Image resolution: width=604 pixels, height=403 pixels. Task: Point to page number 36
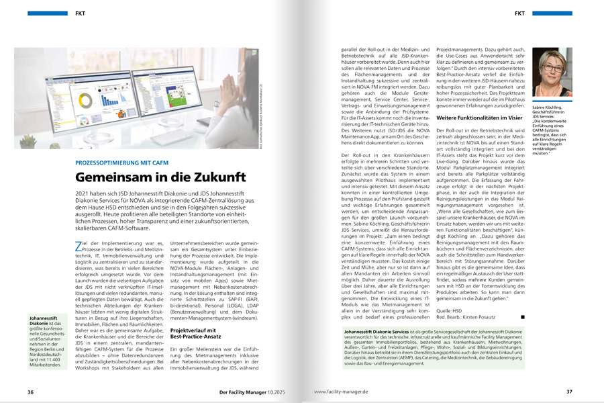pyautogui.click(x=30, y=392)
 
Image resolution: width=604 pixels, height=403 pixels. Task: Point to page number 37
pyautogui.click(x=569, y=392)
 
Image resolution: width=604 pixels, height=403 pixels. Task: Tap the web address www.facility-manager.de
pyautogui.click(x=342, y=392)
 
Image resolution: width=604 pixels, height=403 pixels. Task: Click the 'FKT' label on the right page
pyautogui.click(x=519, y=13)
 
